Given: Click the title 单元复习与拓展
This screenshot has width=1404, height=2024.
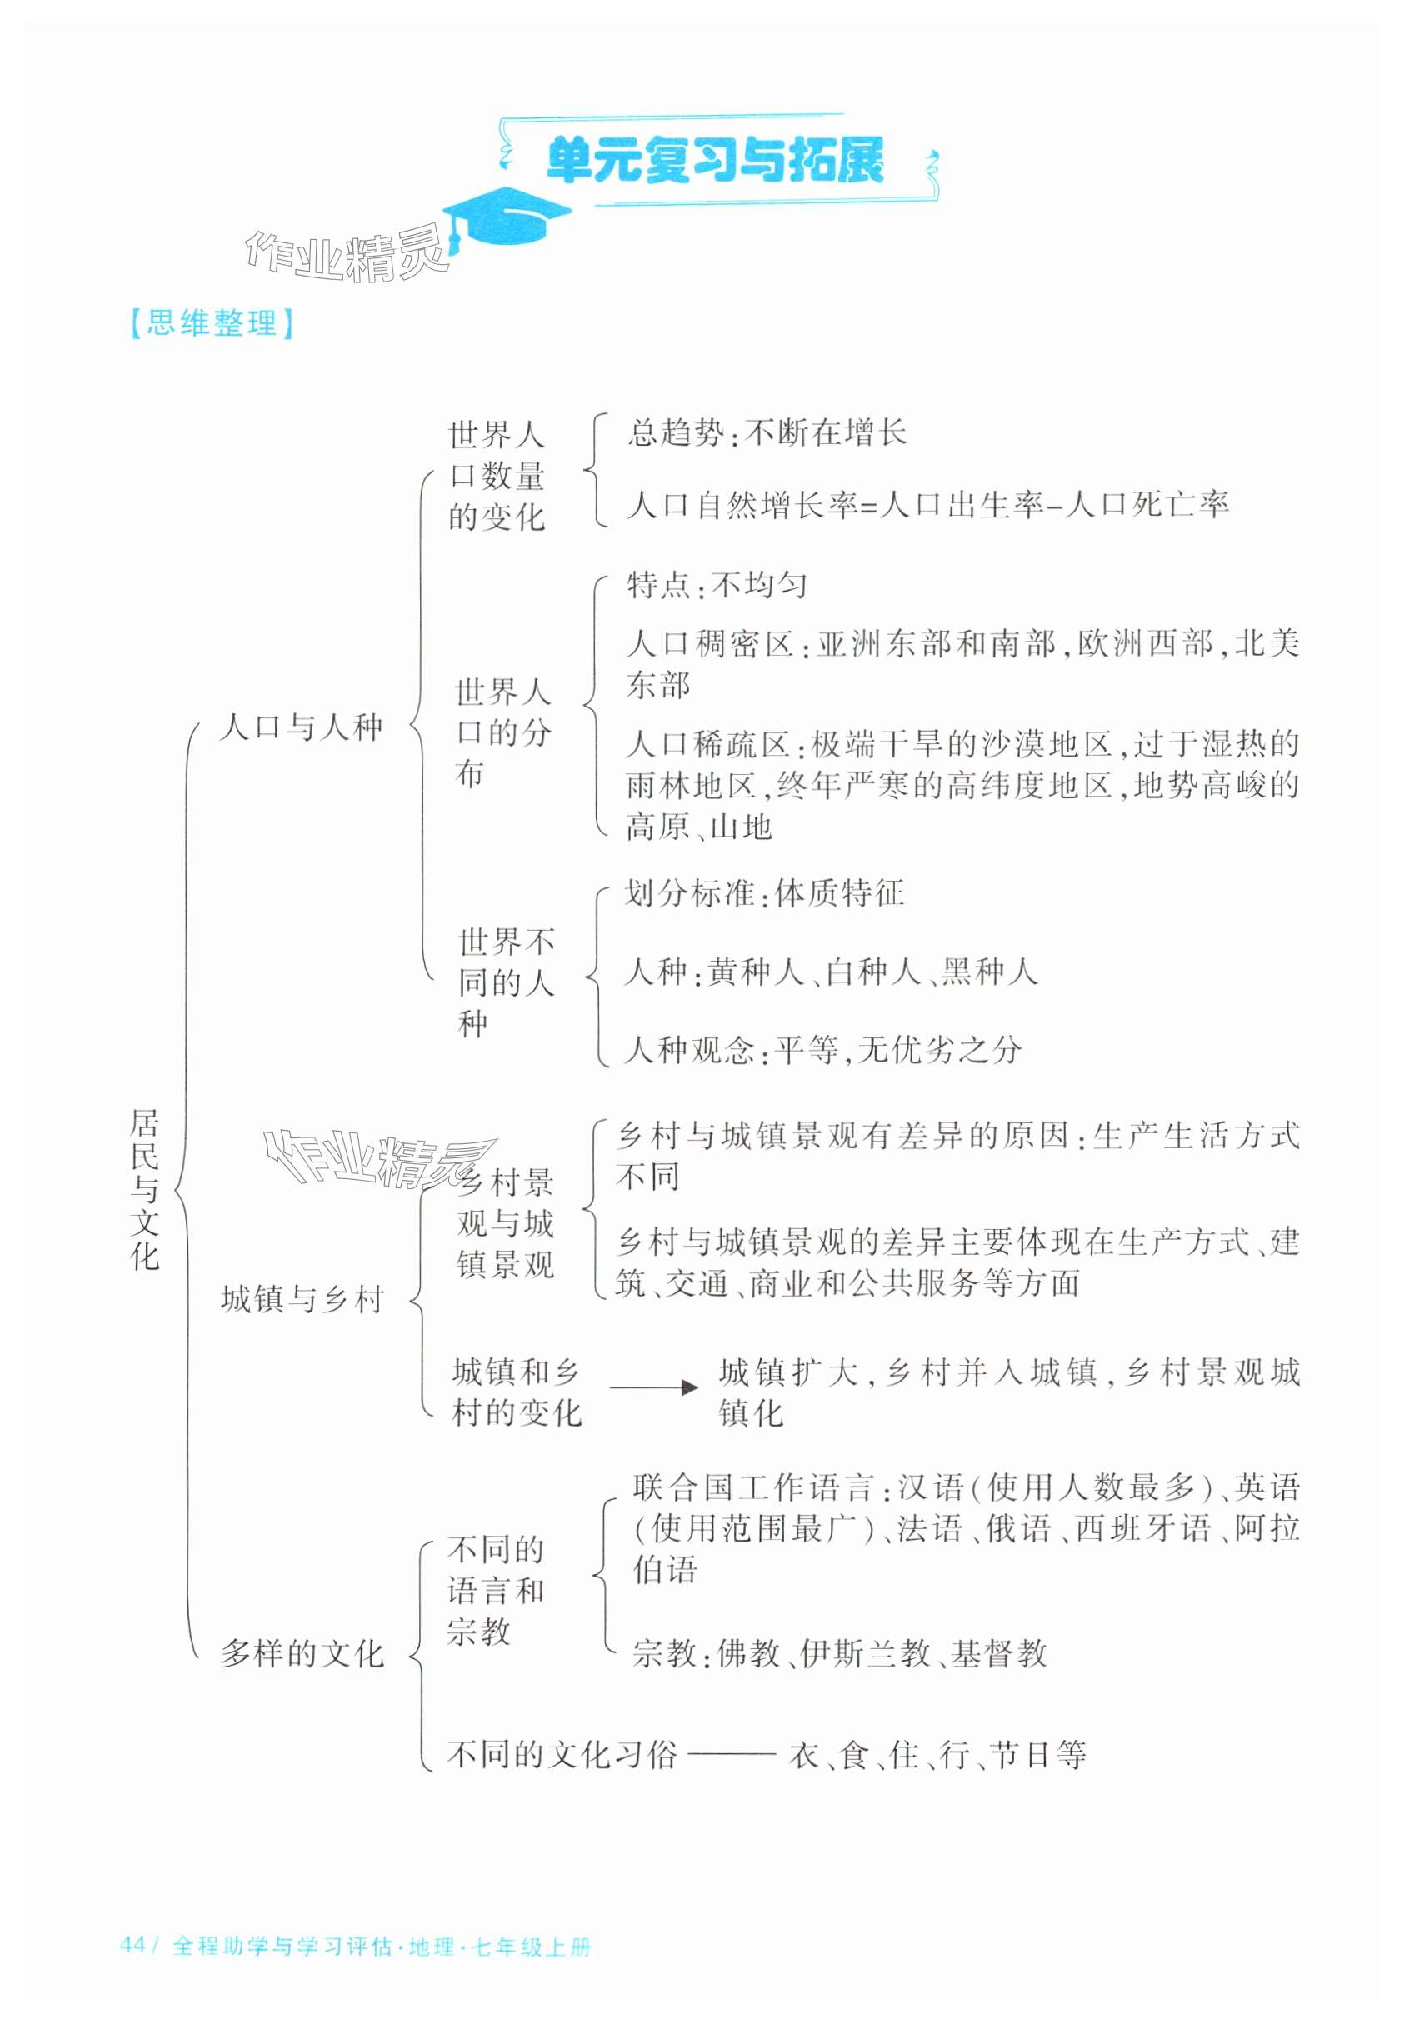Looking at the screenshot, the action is pos(714,160).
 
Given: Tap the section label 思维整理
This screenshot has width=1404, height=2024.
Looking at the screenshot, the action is pos(211,322).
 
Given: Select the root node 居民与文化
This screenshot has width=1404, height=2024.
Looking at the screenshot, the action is pos(145,1188).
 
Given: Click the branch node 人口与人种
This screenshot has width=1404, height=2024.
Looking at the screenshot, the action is pos(301,727).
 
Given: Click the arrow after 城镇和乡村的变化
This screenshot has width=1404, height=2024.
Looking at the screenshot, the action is pos(652,1387).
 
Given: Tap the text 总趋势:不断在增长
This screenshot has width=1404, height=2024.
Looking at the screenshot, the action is pos(767,432).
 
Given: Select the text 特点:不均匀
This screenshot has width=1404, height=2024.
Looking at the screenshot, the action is pos(716,584).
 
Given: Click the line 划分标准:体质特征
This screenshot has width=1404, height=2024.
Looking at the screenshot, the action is pos(763,892).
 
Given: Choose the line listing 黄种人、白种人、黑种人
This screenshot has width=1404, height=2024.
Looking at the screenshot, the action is pos(831,971).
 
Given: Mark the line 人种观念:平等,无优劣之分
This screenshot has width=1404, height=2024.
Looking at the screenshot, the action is pos(822,1049).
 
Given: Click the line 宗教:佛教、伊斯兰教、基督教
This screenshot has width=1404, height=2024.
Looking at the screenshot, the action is pos(839,1653).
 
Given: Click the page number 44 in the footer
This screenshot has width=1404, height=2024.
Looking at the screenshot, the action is pos(132,1944).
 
